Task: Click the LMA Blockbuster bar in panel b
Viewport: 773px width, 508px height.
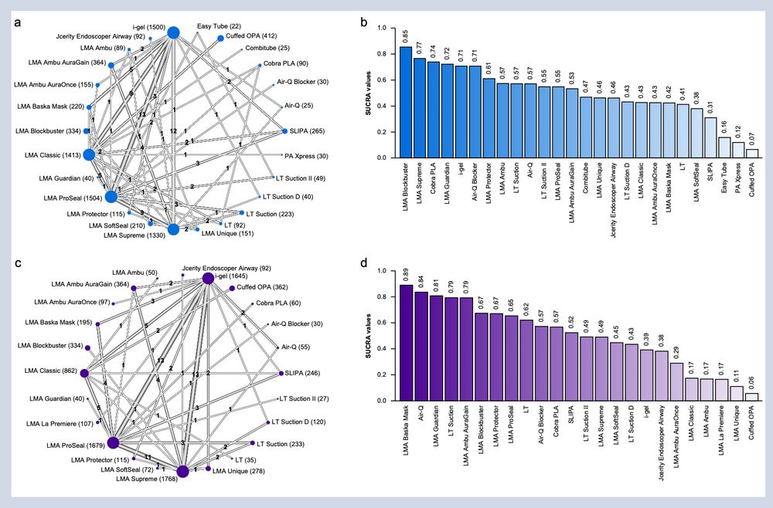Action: (x=405, y=103)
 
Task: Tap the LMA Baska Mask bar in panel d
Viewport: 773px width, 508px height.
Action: (x=406, y=343)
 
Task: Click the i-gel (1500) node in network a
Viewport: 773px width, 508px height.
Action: (x=173, y=32)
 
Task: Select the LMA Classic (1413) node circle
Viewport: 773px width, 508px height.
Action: (x=89, y=154)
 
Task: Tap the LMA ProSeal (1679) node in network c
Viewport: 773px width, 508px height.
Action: (x=113, y=442)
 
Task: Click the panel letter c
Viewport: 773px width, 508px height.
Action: (x=18, y=264)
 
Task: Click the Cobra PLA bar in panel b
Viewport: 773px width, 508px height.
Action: (x=433, y=110)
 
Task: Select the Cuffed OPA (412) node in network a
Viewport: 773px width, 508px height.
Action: (x=221, y=38)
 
